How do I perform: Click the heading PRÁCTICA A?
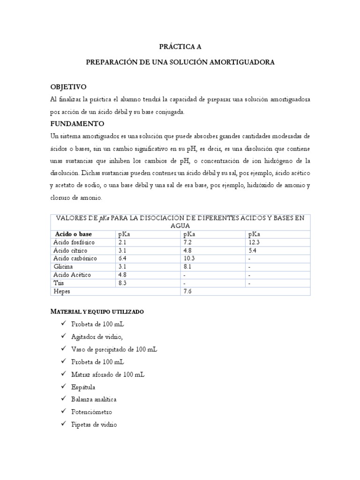(x=180, y=46)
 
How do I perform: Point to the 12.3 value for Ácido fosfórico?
(x=255, y=242)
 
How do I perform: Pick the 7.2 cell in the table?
(x=187, y=242)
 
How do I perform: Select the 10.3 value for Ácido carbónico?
(x=189, y=259)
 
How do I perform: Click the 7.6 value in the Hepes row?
(x=187, y=291)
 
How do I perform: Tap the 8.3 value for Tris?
(x=123, y=283)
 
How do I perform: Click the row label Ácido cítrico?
(x=70, y=251)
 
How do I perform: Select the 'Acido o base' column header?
(x=74, y=234)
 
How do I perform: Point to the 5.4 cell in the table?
(x=253, y=251)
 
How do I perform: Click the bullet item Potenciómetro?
(x=92, y=412)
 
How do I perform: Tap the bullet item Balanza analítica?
(x=94, y=399)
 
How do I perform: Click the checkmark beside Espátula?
(x=63, y=387)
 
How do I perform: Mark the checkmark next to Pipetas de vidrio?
(x=63, y=424)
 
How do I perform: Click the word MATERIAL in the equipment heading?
(x=69, y=312)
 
